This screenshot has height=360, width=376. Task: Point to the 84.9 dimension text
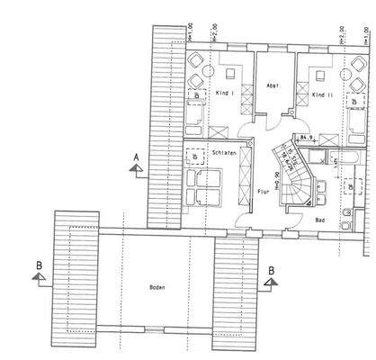(x=306, y=139)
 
